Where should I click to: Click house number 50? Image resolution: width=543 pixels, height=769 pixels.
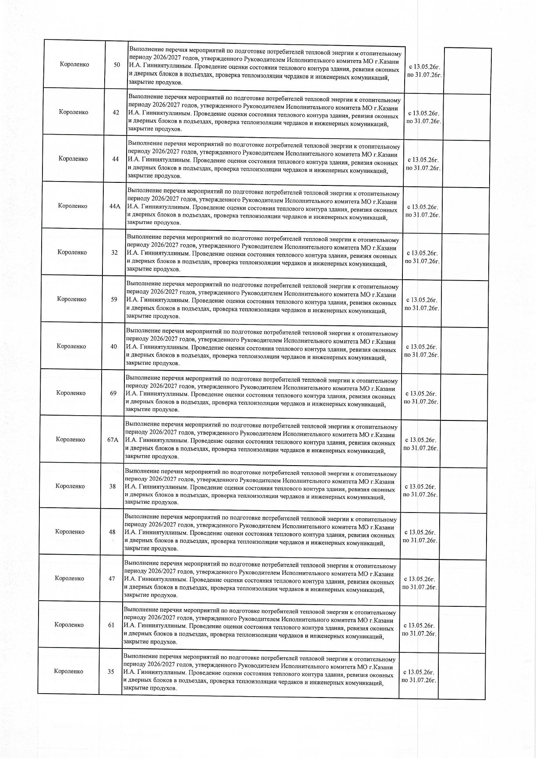117,65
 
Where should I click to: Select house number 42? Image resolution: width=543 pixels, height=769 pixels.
116,112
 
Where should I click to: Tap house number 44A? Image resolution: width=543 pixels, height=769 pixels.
115,206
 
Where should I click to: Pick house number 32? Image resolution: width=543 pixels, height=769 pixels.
114,253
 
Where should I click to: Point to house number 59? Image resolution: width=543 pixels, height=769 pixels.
114,299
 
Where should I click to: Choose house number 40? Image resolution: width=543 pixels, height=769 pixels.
114,346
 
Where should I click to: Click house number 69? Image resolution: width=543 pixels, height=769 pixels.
113,393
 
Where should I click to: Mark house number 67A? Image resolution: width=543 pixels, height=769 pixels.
113,440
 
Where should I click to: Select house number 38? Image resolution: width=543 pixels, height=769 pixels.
113,486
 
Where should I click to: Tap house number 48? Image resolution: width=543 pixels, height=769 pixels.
112,532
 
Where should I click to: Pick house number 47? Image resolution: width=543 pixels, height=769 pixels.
112,578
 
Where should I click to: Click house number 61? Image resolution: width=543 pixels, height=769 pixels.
111,625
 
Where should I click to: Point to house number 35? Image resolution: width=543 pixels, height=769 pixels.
111,671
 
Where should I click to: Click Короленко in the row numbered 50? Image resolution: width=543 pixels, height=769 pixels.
74,64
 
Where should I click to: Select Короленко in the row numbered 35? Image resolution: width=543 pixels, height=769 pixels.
69,671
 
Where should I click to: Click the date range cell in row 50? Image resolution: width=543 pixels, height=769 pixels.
424,71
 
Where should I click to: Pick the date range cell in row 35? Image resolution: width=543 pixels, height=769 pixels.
419,676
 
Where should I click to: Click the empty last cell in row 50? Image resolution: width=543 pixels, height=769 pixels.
468,71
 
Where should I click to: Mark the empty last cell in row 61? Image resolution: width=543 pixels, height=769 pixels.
462,629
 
